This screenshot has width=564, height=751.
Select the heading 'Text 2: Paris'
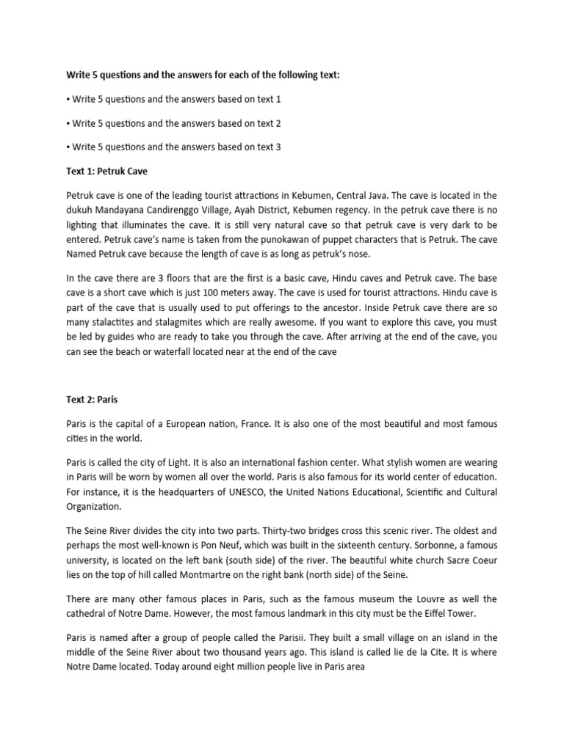coord(92,400)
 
